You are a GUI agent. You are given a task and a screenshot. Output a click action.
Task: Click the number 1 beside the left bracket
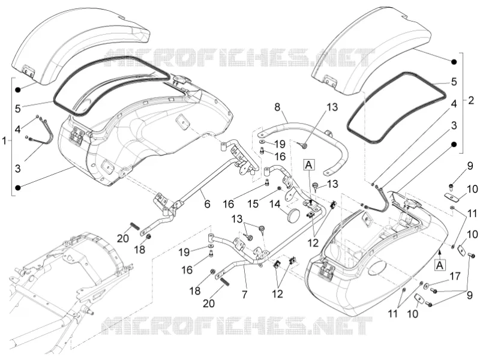point(4,142)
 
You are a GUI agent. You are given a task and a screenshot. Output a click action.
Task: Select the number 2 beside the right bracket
point(471,100)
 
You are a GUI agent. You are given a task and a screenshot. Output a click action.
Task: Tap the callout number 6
point(207,204)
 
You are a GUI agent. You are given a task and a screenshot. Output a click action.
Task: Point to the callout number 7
point(244,295)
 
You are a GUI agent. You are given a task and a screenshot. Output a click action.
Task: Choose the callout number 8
point(277,108)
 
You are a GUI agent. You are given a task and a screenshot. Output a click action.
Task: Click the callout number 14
point(275,204)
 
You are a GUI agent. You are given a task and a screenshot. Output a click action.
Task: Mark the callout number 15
point(253,203)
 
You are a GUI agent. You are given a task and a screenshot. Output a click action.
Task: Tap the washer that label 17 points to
point(426,286)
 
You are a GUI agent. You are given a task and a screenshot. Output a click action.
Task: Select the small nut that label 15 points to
point(279,188)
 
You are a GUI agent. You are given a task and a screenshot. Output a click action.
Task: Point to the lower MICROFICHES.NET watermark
point(237,325)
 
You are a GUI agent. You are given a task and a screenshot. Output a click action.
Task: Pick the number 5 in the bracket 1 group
point(18,109)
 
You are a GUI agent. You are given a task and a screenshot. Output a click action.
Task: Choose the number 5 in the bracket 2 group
point(454,82)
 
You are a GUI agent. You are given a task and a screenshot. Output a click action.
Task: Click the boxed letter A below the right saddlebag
point(440,265)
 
